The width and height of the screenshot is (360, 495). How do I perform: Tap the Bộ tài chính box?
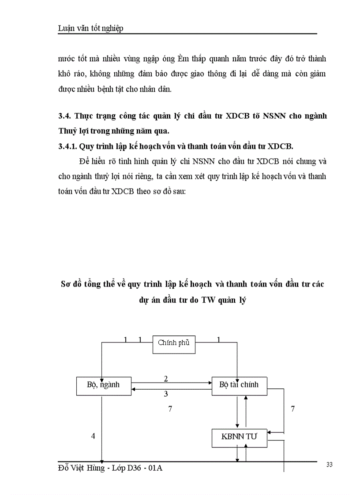[x=240, y=385]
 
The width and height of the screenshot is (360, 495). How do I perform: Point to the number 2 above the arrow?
[x=166, y=379]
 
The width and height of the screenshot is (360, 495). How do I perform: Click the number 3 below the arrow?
[x=166, y=394]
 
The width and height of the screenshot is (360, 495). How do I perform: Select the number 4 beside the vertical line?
[x=93, y=436]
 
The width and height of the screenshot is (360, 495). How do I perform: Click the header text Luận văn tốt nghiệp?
[x=90, y=28]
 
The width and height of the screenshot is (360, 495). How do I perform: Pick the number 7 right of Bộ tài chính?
[x=293, y=409]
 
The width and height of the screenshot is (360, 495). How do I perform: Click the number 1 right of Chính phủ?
[x=219, y=339]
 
